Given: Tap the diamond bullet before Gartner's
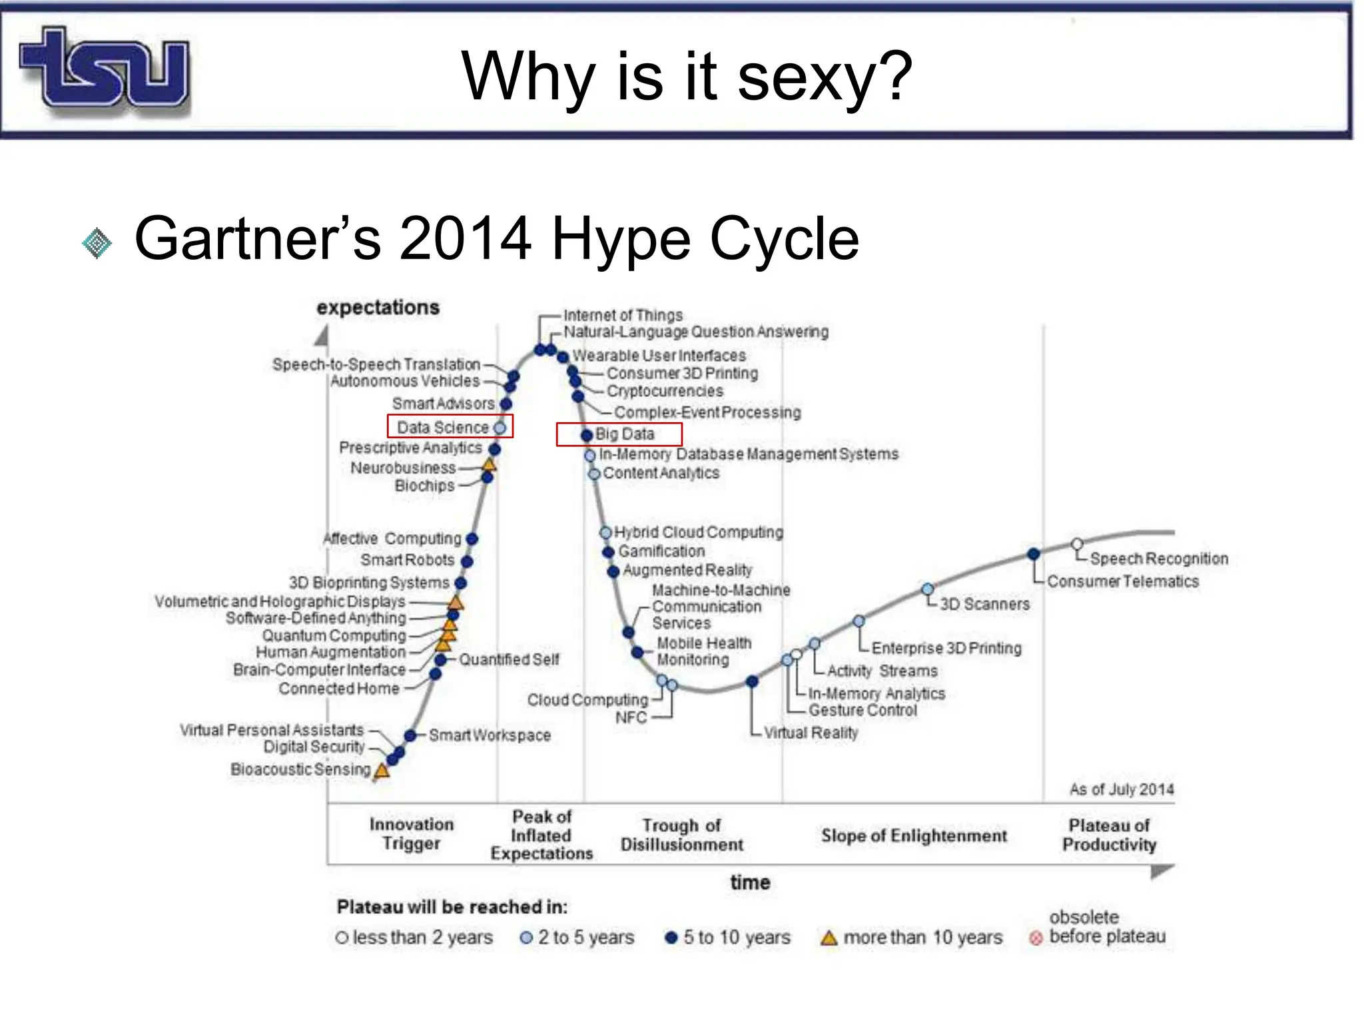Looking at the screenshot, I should (97, 242).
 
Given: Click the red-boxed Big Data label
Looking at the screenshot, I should (625, 434).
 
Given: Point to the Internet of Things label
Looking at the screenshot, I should (623, 315).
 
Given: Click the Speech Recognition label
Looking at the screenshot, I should (1159, 559).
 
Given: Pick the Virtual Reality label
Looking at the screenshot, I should (811, 733).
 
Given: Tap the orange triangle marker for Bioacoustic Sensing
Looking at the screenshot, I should (382, 771).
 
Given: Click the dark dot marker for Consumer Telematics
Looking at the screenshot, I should (1034, 553).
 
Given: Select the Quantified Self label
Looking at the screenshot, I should (509, 659).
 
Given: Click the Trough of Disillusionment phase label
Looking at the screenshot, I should (681, 835).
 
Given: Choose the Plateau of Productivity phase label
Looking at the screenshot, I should (1109, 835).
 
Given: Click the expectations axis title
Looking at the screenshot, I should (378, 308).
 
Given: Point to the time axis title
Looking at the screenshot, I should (750, 882).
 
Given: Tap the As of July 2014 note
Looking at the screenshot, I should (1122, 790).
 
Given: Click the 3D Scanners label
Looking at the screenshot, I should (984, 604).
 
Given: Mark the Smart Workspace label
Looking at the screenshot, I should (490, 735).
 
